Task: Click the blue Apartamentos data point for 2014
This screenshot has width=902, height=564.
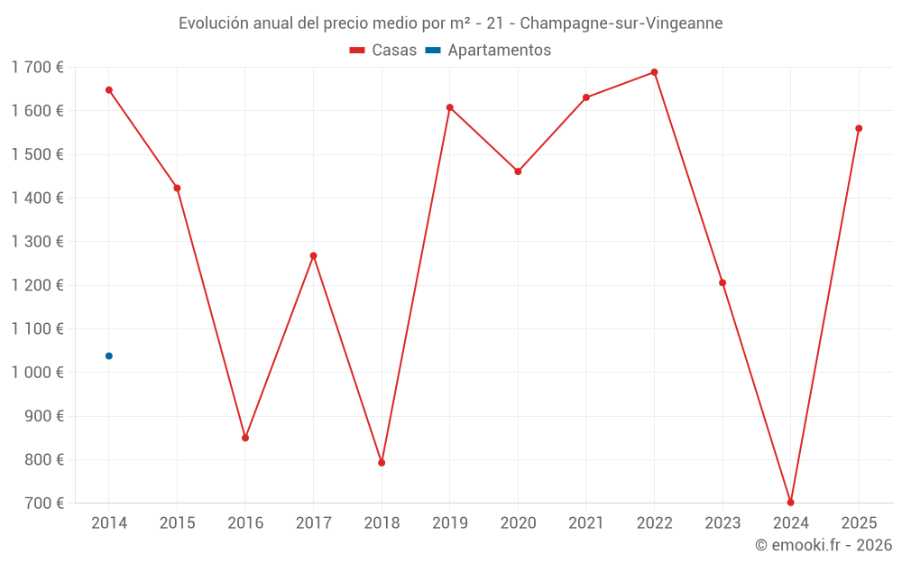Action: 109,356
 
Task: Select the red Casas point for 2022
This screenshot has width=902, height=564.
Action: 654,72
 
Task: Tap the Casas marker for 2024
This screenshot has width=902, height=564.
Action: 791,503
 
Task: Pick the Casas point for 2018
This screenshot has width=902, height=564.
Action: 382,463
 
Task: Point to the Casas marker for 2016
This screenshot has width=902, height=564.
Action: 245,438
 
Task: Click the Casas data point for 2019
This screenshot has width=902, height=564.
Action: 449,107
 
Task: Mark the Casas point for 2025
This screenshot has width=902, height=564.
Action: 859,128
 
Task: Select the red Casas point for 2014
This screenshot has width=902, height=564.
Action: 109,90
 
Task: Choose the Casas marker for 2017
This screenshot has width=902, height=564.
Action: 313,255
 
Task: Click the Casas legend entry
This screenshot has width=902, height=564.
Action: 383,51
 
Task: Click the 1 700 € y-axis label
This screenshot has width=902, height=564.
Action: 38,67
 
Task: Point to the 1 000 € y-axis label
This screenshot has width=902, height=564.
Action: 38,373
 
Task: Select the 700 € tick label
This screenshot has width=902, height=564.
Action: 45,504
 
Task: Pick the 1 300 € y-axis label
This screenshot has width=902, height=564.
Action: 38,242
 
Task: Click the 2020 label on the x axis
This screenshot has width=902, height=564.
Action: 518,523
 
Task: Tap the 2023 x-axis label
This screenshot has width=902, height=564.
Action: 723,523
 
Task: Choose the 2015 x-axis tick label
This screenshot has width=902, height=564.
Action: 177,523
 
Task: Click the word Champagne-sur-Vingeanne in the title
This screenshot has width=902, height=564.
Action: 621,23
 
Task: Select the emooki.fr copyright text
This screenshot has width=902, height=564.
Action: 824,545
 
